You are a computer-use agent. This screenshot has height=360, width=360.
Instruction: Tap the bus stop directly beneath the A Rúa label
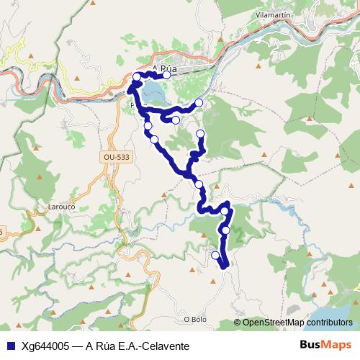click(166, 74)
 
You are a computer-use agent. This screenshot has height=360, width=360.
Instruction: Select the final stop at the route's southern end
click(215, 255)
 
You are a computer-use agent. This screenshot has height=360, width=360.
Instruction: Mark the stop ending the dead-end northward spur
click(200, 135)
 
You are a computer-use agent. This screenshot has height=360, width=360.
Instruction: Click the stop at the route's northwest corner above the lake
click(137, 76)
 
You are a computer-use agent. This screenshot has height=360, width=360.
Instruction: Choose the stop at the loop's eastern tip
click(199, 104)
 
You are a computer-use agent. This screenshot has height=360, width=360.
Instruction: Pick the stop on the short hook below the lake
click(176, 120)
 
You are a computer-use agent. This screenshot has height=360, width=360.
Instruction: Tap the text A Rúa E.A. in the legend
click(112, 346)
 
